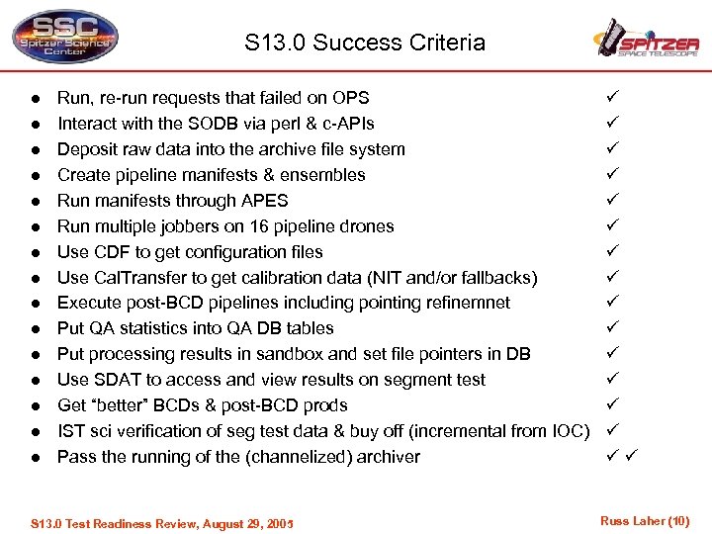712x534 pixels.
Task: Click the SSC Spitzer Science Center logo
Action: tap(64, 38)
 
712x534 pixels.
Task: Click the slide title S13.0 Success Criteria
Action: tap(366, 43)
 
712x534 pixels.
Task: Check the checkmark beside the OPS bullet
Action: tap(611, 98)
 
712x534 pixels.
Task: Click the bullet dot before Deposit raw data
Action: tap(33, 150)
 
